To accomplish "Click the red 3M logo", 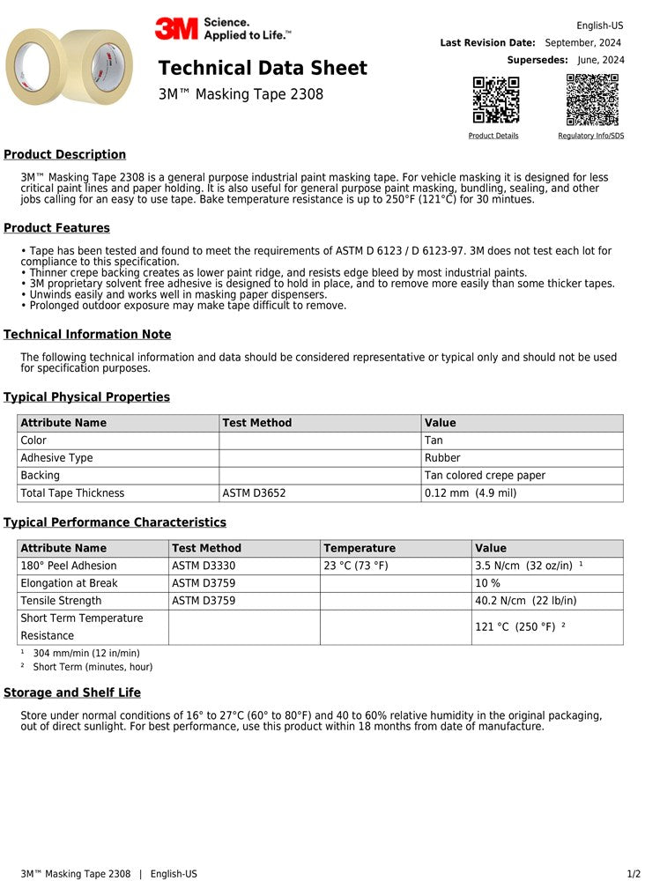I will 177,29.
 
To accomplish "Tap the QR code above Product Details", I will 496,100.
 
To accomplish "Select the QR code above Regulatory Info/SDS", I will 591,100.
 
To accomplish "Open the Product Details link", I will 493,136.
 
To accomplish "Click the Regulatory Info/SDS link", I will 590,136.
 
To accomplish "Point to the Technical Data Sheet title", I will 263,68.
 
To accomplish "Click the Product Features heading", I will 56,228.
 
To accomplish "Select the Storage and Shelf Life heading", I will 72,692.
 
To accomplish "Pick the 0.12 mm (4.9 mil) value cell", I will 471,493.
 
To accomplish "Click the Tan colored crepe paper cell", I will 485,476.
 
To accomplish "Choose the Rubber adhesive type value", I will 443,458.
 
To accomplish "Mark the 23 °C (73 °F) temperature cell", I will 356,566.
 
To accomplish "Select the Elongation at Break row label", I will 69,583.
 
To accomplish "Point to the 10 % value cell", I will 488,583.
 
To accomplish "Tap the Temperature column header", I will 360,548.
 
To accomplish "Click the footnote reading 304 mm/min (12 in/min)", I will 85,653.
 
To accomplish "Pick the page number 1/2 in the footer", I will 634,874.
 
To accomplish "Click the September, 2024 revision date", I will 582,42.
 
